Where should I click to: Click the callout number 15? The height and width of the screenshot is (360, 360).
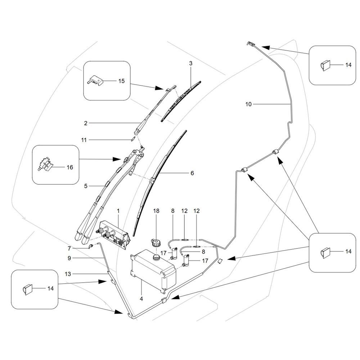tap(121, 81)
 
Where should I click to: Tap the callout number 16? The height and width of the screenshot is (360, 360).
tap(69, 167)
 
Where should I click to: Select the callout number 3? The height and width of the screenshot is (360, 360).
tap(191, 63)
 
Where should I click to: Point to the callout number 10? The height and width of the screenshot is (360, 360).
tap(248, 104)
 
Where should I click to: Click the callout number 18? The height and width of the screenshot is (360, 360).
tap(156, 210)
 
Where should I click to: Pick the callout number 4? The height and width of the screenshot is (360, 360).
tap(141, 299)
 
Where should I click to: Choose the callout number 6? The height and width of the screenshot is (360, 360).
tap(192, 173)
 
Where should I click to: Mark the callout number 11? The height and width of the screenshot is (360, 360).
tap(84, 140)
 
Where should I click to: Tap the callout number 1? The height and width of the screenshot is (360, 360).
tap(118, 210)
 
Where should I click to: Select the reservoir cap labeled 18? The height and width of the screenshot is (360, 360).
tap(156, 242)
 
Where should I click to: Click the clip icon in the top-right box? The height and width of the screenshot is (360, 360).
tap(324, 66)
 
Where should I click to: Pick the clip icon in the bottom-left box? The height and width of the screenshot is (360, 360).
tap(27, 288)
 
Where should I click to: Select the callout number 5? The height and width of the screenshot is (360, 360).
tap(86, 186)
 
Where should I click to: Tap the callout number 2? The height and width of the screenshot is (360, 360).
tap(86, 123)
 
